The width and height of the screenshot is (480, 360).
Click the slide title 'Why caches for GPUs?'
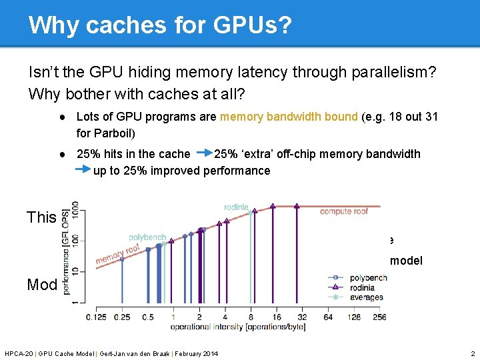coord(160,25)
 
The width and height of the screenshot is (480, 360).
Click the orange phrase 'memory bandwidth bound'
coord(289,117)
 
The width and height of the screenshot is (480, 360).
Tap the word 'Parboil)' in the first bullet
coord(114,133)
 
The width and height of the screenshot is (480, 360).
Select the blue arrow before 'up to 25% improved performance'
coord(82,171)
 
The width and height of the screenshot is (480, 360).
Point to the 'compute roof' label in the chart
coord(344,211)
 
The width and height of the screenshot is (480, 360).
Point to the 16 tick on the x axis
coord(276,317)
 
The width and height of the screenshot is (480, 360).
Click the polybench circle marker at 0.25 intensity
coord(121,259)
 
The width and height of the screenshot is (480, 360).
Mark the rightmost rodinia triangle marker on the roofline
coord(297,207)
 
